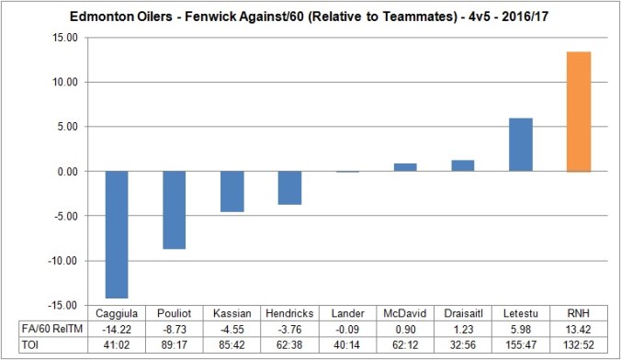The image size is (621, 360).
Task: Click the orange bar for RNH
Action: point(579,112)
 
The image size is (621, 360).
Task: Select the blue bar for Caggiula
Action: point(117,234)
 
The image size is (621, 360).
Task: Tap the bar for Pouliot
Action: point(175,210)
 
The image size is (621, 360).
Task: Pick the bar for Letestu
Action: point(521,145)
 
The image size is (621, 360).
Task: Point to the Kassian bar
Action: point(232,191)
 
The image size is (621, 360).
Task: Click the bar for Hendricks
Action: point(290,187)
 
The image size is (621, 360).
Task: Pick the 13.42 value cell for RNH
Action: point(579,328)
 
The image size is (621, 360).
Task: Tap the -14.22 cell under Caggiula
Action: point(117,328)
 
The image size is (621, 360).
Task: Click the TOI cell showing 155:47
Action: point(521,344)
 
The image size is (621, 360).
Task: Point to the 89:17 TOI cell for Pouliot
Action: point(175,344)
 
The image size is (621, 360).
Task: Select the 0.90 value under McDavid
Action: point(405,328)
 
